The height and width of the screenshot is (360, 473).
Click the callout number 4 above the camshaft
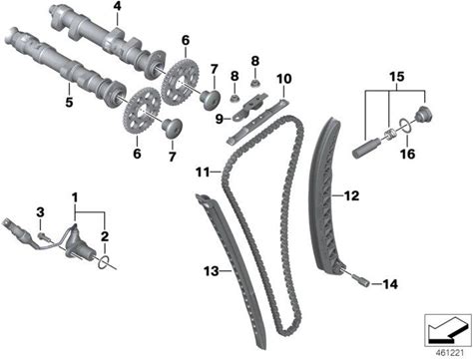[117, 6]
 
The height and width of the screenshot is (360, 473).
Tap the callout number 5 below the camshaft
[69, 102]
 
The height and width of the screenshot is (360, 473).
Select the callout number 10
[284, 79]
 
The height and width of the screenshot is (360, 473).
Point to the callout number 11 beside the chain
[203, 173]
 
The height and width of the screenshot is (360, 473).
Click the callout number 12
[351, 195]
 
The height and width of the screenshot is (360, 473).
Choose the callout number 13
[212, 271]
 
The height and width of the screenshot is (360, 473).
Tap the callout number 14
[390, 284]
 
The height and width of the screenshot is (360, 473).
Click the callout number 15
[397, 77]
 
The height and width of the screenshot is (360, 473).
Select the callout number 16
[407, 154]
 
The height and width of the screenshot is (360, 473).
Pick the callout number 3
[40, 212]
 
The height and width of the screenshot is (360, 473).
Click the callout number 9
[219, 119]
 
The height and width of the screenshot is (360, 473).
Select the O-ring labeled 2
[104, 261]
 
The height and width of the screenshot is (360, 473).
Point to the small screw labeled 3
[43, 236]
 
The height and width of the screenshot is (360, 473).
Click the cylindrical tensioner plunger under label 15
[365, 148]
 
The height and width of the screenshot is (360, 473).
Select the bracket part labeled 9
[249, 106]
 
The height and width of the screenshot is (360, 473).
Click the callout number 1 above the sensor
[75, 197]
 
